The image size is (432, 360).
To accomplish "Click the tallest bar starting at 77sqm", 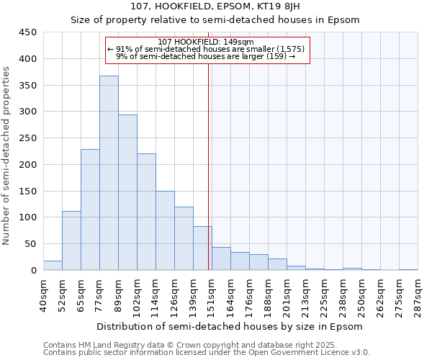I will click(x=109, y=173).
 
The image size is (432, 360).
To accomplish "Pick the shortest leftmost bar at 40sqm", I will click(x=53, y=266).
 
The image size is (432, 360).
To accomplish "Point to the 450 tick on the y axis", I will click(x=29, y=32).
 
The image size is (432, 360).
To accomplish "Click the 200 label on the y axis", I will click(x=29, y=165).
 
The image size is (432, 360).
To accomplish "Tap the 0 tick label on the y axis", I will click(x=34, y=271).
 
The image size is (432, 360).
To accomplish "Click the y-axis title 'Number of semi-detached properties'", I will click(x=7, y=156).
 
